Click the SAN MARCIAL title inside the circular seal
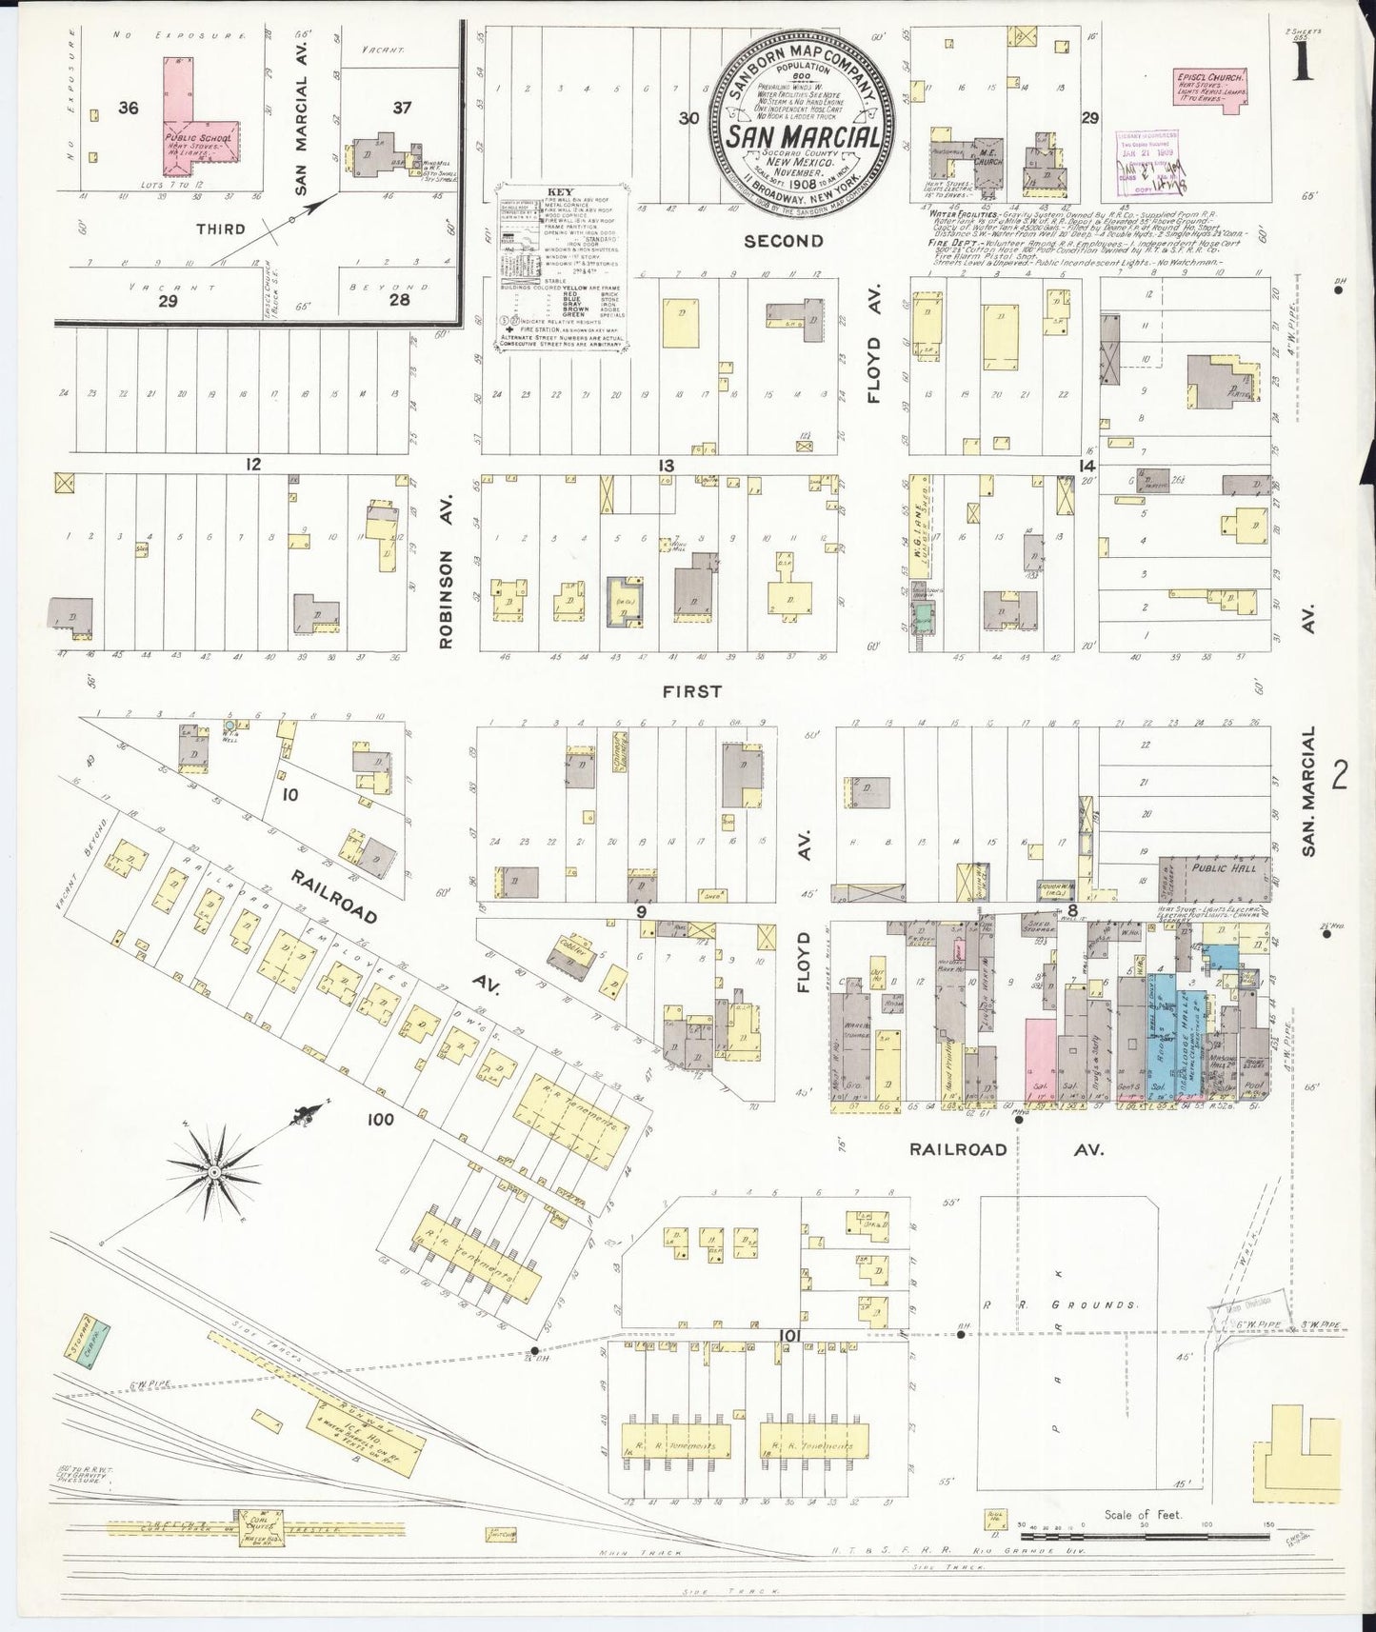click(x=803, y=137)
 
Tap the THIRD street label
click(x=220, y=229)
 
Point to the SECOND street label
click(x=783, y=242)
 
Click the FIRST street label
click(x=692, y=691)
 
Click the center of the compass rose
click(x=215, y=1170)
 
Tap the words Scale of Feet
click(x=1143, y=1514)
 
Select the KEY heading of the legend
click(x=558, y=190)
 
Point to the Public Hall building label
click(x=1222, y=867)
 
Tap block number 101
click(x=787, y=1337)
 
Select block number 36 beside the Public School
click(x=128, y=108)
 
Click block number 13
click(x=664, y=466)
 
